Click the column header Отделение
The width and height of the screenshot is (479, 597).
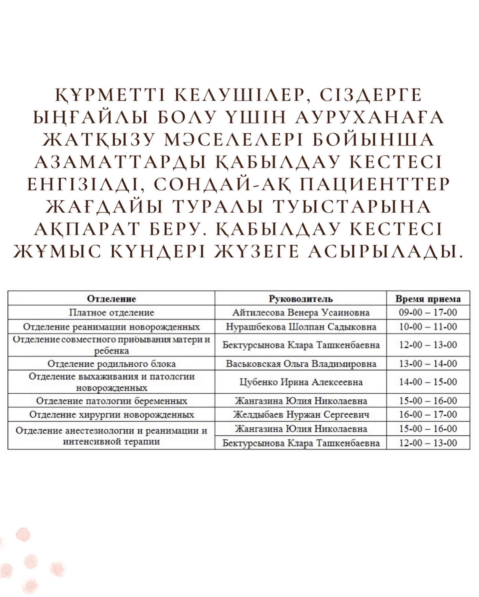point(111,298)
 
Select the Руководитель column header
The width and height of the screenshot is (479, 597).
point(301,298)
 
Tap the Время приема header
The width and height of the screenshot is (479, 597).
point(428,298)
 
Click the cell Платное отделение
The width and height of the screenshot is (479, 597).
point(111,312)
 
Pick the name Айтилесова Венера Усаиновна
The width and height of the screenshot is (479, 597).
point(301,312)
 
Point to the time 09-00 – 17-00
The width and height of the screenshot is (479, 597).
point(428,312)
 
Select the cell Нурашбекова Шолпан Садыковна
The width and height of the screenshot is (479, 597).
point(301,326)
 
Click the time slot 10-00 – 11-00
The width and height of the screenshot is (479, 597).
point(428,326)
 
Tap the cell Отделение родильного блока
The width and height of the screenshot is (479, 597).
point(111,363)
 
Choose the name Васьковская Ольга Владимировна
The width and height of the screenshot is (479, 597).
point(301,363)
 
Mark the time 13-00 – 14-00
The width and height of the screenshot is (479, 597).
point(428,363)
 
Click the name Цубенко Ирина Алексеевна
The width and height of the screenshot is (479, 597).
point(301,382)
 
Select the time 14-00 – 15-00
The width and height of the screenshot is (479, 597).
point(428,382)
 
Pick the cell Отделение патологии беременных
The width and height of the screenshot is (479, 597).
point(111,400)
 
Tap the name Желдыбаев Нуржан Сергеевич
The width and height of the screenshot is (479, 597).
point(301,414)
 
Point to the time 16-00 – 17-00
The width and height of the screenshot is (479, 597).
point(428,414)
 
